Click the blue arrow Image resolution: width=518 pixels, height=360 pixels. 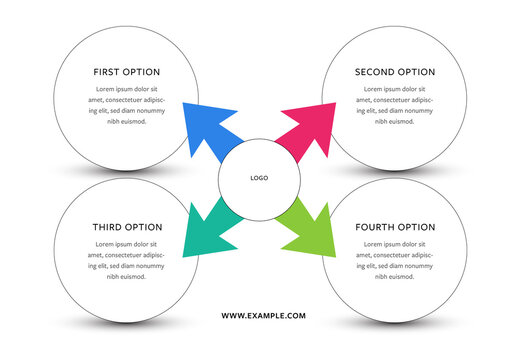click(x=212, y=128)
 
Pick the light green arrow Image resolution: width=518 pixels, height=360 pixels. click(x=306, y=227)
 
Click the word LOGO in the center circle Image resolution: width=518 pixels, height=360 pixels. click(x=259, y=178)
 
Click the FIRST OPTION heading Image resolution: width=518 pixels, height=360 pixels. click(x=126, y=72)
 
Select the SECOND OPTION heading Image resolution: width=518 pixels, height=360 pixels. click(x=395, y=72)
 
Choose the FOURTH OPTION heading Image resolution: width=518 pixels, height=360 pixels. click(x=395, y=227)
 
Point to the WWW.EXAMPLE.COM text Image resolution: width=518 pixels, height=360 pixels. click(x=263, y=316)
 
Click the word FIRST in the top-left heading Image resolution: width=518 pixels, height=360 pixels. click(x=108, y=72)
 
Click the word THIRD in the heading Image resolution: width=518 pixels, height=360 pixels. click(x=108, y=227)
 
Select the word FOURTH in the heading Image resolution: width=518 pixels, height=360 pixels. click(x=376, y=227)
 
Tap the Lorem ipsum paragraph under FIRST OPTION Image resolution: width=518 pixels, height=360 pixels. click(x=126, y=105)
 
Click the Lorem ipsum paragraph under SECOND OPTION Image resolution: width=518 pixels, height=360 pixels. click(x=395, y=105)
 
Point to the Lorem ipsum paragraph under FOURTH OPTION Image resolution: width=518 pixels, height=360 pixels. click(x=395, y=260)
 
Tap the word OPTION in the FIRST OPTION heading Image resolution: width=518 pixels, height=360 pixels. click(x=144, y=72)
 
